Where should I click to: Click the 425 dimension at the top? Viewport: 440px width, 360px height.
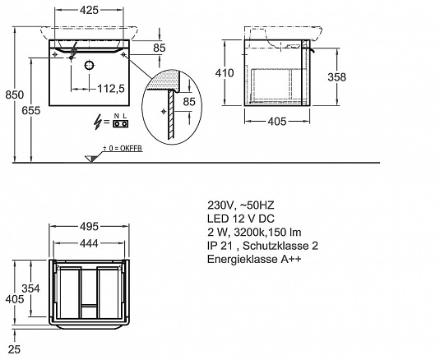90,10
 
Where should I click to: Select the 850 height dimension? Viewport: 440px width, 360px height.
15,95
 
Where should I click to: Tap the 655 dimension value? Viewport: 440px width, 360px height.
31,110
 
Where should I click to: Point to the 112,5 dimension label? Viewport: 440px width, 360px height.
111,89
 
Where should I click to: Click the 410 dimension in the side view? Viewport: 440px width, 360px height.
225,73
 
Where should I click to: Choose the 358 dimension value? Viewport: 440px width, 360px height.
336,76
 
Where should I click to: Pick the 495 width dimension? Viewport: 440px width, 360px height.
90,226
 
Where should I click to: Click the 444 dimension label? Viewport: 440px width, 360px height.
89,243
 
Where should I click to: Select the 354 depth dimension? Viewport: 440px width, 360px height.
31,288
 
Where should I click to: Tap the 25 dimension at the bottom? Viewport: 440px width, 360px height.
14,349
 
